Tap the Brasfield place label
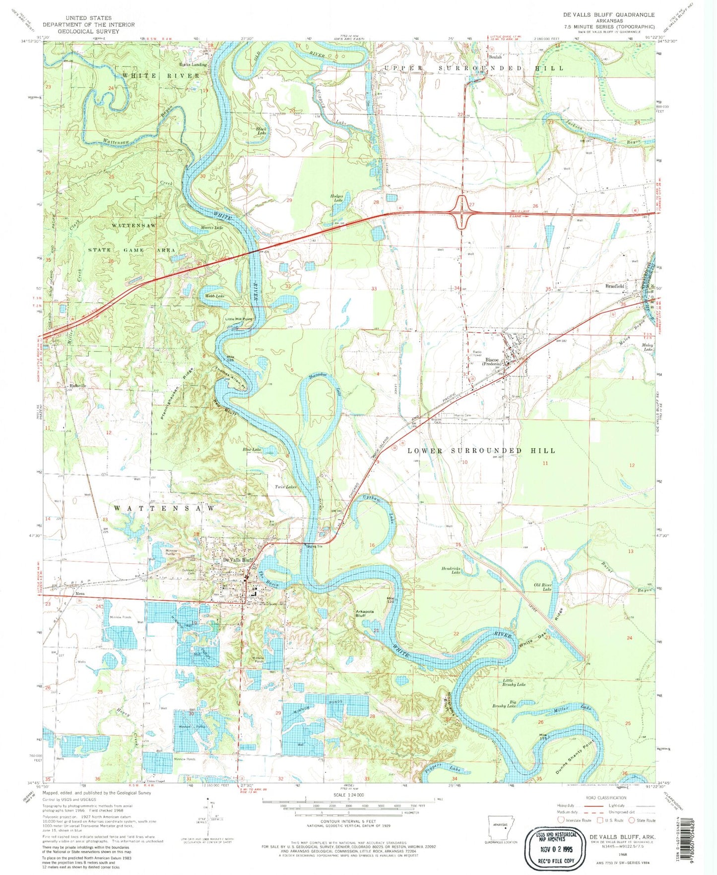(x=614, y=286)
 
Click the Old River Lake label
(x=543, y=587)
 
